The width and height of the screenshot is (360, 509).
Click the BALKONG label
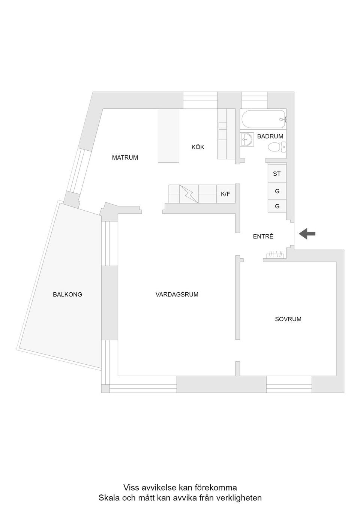click(x=67, y=295)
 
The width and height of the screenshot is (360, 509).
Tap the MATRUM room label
click(x=125, y=157)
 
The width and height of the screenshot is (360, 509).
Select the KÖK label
click(x=198, y=147)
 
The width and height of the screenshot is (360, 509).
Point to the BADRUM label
click(x=270, y=136)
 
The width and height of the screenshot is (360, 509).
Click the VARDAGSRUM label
click(x=177, y=295)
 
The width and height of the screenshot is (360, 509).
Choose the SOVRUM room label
click(x=288, y=319)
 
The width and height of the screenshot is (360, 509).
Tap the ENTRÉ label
click(x=263, y=237)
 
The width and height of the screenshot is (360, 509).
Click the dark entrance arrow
click(x=307, y=234)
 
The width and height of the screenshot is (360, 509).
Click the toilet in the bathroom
click(x=277, y=147)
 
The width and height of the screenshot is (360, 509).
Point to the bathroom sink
click(x=246, y=140)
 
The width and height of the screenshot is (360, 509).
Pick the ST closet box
click(x=277, y=174)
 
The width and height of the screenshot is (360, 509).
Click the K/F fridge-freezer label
click(x=225, y=194)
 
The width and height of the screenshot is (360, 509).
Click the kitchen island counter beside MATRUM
click(x=168, y=136)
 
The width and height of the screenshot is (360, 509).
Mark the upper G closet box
click(x=277, y=191)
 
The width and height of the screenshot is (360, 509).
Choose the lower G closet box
click(x=277, y=206)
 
